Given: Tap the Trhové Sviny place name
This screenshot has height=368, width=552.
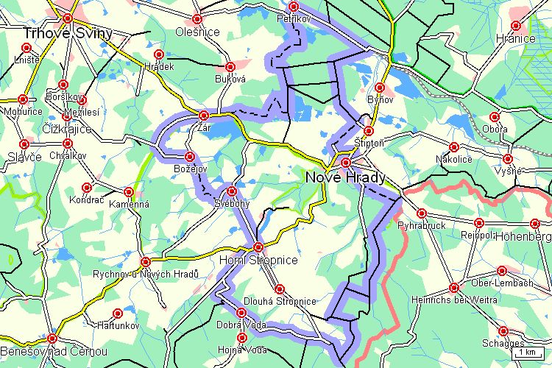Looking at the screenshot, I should click(x=58, y=33).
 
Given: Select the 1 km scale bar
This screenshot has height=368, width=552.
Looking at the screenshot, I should click(x=527, y=353).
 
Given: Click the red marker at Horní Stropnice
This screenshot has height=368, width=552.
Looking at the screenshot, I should click(x=257, y=247).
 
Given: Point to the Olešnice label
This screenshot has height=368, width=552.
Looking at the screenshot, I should click(x=198, y=32).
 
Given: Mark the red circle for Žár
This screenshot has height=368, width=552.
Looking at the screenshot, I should click(x=205, y=115).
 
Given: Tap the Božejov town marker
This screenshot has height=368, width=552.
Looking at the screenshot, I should click(x=190, y=156).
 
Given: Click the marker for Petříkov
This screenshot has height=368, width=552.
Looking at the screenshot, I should click(x=294, y=7).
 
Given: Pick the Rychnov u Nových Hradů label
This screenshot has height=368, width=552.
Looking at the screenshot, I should click(x=146, y=274).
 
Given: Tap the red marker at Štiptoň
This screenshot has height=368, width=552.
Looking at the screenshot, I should click(x=369, y=131).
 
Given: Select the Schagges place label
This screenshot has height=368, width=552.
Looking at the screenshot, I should click(x=503, y=343).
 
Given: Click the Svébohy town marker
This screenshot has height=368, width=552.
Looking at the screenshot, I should click(x=232, y=190).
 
